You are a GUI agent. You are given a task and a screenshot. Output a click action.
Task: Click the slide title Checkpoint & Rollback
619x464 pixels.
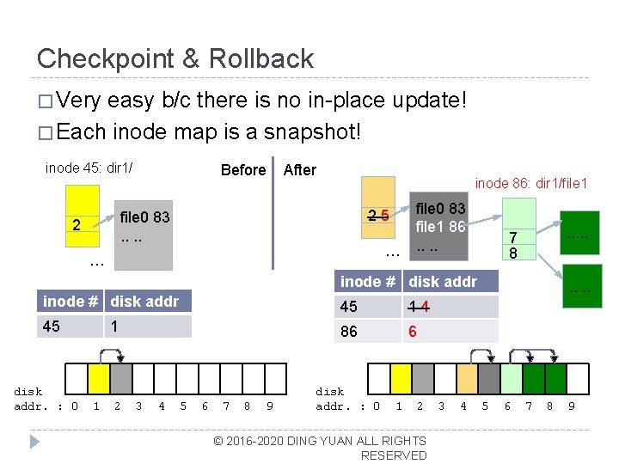click(175, 58)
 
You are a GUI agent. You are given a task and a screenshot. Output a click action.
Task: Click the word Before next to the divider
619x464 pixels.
click(242, 170)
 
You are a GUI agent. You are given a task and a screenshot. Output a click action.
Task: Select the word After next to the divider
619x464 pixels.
click(299, 170)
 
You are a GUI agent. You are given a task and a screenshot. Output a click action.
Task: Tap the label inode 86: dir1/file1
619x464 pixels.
click(530, 183)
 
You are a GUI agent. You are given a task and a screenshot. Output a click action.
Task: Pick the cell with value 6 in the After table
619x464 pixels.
click(450, 331)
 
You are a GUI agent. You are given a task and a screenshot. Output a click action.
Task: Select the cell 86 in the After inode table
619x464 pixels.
click(368, 331)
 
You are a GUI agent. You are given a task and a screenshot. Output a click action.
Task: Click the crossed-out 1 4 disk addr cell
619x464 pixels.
click(450, 306)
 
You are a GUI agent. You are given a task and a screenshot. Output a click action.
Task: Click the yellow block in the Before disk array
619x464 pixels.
click(99, 378)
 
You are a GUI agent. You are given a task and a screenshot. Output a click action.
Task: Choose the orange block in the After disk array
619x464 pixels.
click(467, 378)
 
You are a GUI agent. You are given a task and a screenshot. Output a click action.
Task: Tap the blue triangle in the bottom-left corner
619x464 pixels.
click(34, 443)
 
